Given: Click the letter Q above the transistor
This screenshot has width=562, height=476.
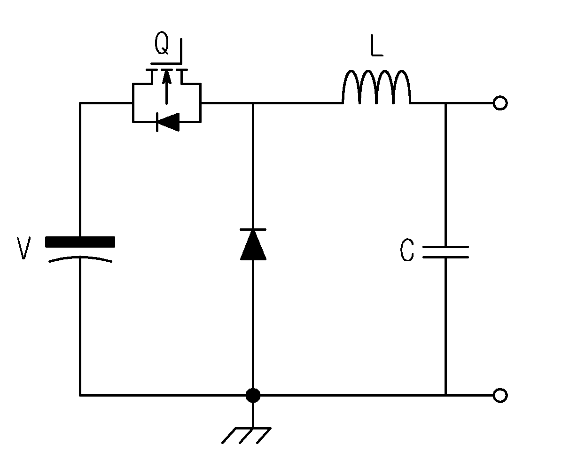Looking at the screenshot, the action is [x=162, y=43].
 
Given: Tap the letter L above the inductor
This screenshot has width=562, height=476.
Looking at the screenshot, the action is [x=377, y=46].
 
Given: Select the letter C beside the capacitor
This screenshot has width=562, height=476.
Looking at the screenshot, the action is [x=407, y=250].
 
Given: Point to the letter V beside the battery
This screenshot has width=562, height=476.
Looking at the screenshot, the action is [x=23, y=248].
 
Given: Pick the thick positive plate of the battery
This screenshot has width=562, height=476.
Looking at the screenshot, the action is [x=80, y=242].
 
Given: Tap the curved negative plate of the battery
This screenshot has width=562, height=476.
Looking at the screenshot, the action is [x=80, y=258].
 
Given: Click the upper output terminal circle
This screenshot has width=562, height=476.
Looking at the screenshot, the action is [x=500, y=103].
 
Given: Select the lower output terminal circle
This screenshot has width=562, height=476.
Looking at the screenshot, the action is [x=500, y=395].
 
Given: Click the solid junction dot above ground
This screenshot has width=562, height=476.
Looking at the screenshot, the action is [x=253, y=395].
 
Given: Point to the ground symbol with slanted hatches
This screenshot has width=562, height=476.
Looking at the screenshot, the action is [x=247, y=436].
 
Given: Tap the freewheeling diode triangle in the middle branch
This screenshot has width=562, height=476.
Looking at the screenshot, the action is [x=253, y=244].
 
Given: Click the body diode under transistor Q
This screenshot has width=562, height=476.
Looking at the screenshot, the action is [x=168, y=122].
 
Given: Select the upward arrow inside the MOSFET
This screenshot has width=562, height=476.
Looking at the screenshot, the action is [x=167, y=87].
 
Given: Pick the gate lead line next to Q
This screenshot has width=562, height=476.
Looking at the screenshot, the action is [x=180, y=51].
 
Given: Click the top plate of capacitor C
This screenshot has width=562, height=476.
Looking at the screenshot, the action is [x=445, y=247].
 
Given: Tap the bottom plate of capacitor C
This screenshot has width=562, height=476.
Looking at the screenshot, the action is [x=445, y=257].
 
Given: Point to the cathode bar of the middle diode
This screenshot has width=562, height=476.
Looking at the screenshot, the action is [x=253, y=229].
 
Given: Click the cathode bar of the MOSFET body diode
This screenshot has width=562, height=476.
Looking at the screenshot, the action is [x=157, y=122].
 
